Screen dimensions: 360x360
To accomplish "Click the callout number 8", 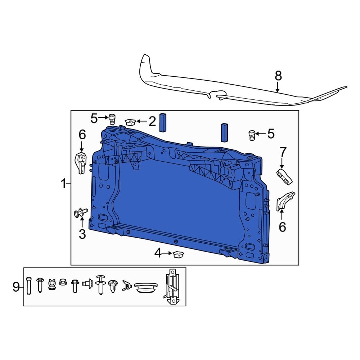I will tap(278, 76).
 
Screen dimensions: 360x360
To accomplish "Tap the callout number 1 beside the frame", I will tap(63, 184).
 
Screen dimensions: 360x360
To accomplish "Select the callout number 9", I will tap(16, 287).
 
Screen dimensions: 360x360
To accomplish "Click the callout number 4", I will tap(158, 254).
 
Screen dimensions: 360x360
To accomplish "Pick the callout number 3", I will tap(82, 234).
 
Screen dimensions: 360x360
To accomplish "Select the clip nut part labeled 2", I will tap(130, 122).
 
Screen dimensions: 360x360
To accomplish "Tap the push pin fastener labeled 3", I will tap(80, 214).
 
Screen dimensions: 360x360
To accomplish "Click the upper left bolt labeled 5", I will tap(112, 118).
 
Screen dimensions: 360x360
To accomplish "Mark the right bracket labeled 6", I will tap(284, 201).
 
